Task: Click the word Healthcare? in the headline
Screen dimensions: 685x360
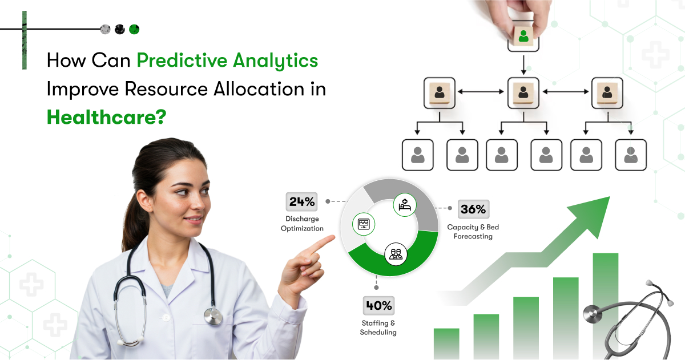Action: pyautogui.click(x=106, y=118)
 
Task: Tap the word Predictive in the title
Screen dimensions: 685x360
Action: pyautogui.click(x=182, y=60)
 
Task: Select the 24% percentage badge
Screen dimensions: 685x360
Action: pyautogui.click(x=301, y=202)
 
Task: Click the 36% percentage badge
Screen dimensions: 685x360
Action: pyautogui.click(x=473, y=209)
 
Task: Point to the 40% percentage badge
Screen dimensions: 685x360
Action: pyautogui.click(x=378, y=305)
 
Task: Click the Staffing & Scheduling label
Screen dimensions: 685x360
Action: pyautogui.click(x=378, y=327)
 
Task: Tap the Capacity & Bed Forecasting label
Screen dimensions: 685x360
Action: pyautogui.click(x=473, y=232)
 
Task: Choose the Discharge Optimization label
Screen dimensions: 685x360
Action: pyautogui.click(x=302, y=224)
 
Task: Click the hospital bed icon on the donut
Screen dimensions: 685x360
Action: pyautogui.click(x=405, y=205)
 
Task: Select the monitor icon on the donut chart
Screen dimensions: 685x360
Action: pyautogui.click(x=364, y=224)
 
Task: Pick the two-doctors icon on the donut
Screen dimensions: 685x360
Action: pyautogui.click(x=396, y=254)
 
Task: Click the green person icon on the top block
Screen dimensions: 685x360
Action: pyautogui.click(x=523, y=36)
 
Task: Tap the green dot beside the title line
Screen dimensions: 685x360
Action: pyautogui.click(x=134, y=29)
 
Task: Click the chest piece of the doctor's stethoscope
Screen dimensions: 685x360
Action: pyautogui.click(x=213, y=316)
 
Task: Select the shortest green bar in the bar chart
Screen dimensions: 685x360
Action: pyautogui.click(x=446, y=343)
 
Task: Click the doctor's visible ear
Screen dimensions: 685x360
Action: pyautogui.click(x=144, y=203)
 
